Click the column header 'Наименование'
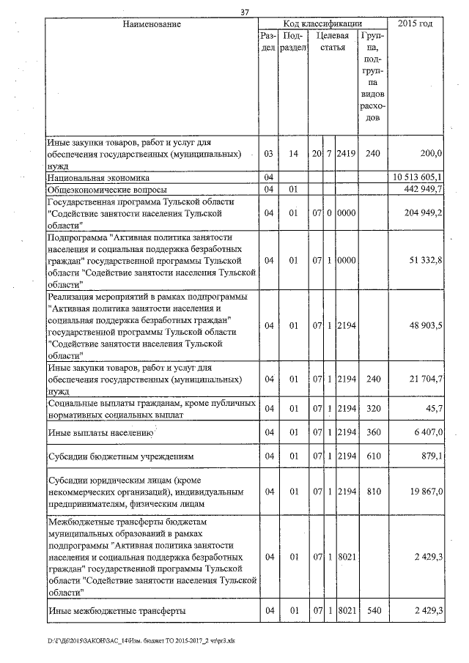click(152, 24)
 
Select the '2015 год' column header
click(415, 24)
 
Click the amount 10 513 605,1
click(419, 178)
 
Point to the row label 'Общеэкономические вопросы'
click(109, 190)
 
